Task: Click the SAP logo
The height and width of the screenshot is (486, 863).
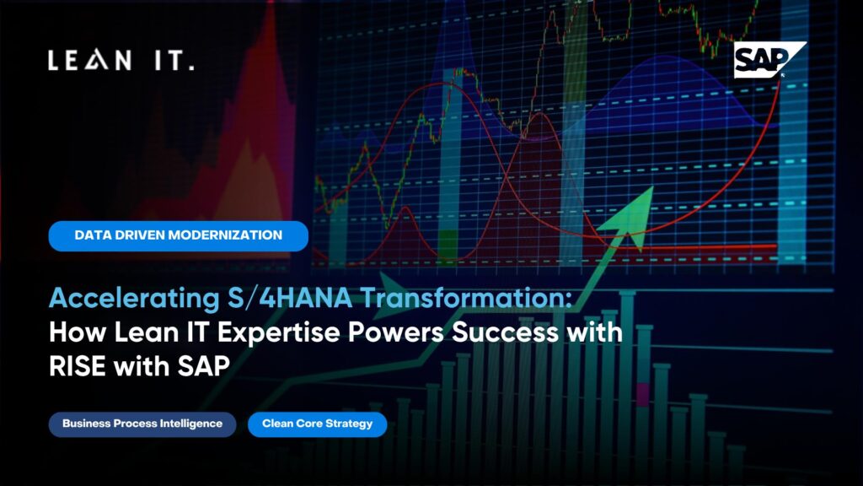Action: (x=770, y=60)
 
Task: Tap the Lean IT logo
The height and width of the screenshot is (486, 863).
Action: (x=121, y=60)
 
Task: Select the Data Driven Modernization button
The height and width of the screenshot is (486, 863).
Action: (x=179, y=236)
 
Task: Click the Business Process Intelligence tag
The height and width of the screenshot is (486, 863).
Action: (x=142, y=424)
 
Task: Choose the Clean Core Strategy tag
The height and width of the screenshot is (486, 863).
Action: (x=318, y=424)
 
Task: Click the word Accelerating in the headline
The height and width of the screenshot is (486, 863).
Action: (x=134, y=299)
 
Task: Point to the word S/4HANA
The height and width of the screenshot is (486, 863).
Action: (x=290, y=298)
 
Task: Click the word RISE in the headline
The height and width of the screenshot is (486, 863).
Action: (x=78, y=366)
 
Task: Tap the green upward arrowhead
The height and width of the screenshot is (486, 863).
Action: (x=630, y=217)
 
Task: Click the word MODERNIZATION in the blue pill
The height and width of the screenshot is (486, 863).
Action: (x=225, y=235)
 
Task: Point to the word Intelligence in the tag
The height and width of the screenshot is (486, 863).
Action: (x=191, y=424)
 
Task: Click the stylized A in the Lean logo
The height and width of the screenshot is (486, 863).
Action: (x=97, y=60)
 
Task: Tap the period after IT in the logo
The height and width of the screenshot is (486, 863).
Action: (x=191, y=67)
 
